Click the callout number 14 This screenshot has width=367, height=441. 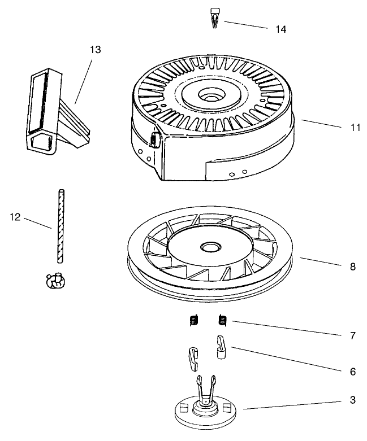coord(280,29)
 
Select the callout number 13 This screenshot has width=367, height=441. coord(95,50)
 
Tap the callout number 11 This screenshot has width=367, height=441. coord(354,128)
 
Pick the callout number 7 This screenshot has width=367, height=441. coord(352,335)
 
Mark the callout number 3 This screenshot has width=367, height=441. coord(352,400)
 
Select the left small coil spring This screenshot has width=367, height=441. coord(193,321)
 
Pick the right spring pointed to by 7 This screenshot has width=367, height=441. coord(222,321)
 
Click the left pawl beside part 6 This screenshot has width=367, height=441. coord(192,356)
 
